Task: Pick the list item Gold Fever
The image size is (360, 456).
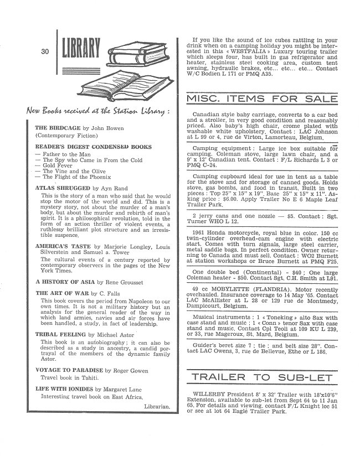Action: click(x=54, y=165)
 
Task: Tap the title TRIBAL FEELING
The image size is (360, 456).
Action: click(x=59, y=335)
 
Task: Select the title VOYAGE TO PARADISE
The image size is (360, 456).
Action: click(x=68, y=369)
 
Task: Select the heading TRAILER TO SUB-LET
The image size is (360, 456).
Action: click(x=262, y=378)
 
